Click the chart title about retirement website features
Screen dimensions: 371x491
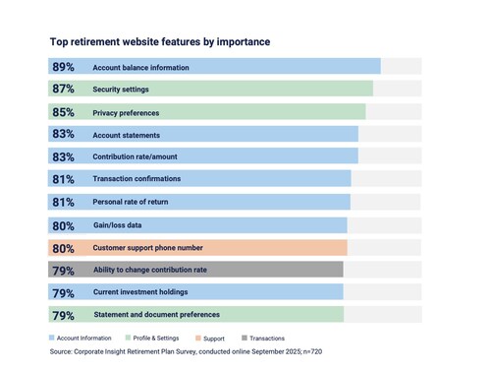click(x=159, y=42)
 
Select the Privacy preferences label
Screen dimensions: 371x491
click(x=133, y=112)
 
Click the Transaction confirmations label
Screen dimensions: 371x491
click(x=136, y=179)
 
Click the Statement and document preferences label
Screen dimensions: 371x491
click(x=156, y=315)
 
